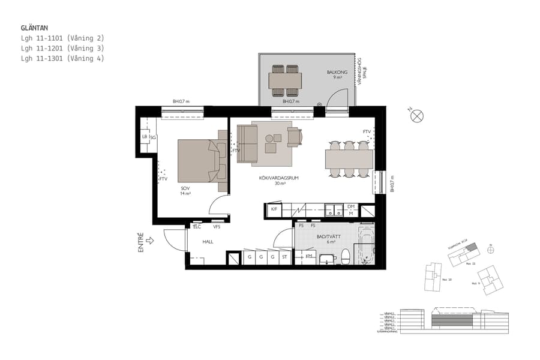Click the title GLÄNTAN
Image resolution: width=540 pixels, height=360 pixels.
click(34, 28)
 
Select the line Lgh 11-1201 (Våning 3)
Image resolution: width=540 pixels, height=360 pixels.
click(62, 48)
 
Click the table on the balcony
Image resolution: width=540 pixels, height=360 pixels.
click(285, 80)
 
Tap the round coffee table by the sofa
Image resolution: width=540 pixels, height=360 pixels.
click(269, 139)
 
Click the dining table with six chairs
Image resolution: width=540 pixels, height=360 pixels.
click(349, 159)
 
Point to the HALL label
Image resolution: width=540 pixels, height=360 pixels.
click(208, 242)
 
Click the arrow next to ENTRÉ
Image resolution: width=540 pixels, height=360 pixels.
click(149, 241)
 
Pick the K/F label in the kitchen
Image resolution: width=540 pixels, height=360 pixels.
click(274, 209)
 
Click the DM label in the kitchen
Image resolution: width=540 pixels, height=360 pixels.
click(351, 206)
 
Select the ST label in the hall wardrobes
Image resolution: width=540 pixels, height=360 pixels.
click(284, 257)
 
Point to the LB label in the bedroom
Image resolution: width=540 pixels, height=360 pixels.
click(145, 137)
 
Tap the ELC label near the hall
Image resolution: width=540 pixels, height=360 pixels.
click(197, 227)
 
